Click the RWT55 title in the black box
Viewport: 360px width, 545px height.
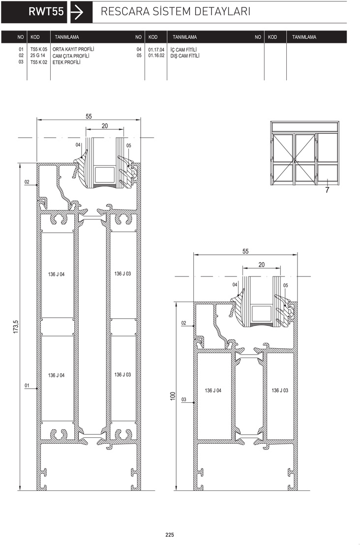[x=46, y=11]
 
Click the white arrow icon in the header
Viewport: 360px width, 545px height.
[x=77, y=12]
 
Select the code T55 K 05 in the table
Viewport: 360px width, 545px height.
[x=38, y=49]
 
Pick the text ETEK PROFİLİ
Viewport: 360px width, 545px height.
[x=66, y=62]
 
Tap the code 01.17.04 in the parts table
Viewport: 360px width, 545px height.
[x=156, y=50]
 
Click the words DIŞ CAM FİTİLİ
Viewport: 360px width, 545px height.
[x=185, y=56]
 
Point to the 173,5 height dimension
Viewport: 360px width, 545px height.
[x=15, y=327]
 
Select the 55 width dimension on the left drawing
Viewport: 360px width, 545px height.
[x=89, y=116]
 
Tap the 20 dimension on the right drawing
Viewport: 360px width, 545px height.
[x=261, y=265]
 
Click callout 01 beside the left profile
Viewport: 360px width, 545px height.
[x=27, y=385]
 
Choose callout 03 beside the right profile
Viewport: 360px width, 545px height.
[x=184, y=399]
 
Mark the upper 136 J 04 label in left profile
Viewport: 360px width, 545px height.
[x=56, y=274]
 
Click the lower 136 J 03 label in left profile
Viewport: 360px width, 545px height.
[x=122, y=374]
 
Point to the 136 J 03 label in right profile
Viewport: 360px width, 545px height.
[x=280, y=391]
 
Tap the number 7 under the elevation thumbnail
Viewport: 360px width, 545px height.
[x=327, y=190]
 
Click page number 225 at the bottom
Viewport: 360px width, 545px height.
[x=170, y=535]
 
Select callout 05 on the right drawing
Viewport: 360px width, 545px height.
[x=286, y=285]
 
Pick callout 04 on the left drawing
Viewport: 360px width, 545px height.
[x=78, y=145]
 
